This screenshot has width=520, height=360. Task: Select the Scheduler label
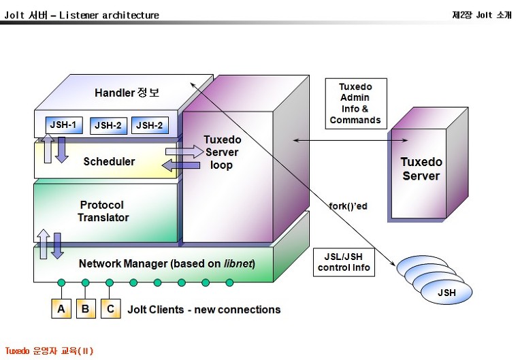[x=109, y=161]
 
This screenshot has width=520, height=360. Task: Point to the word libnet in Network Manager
[x=238, y=263]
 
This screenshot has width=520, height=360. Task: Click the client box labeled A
[x=61, y=309]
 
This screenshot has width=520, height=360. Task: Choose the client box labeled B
[x=86, y=309]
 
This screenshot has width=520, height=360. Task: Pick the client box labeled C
[x=110, y=309]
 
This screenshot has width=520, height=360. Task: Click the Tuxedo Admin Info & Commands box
[x=355, y=103]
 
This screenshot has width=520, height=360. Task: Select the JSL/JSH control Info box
[x=344, y=262]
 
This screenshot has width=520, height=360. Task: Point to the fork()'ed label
[x=348, y=205]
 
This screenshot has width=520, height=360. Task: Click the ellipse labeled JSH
[x=446, y=293]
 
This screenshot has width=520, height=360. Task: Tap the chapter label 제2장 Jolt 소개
[x=481, y=14]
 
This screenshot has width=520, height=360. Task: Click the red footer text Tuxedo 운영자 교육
[x=48, y=351]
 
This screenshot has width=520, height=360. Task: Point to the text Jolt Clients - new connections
[x=204, y=310]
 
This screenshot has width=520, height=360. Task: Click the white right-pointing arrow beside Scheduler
[x=180, y=151]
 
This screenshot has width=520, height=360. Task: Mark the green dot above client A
[x=61, y=282]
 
